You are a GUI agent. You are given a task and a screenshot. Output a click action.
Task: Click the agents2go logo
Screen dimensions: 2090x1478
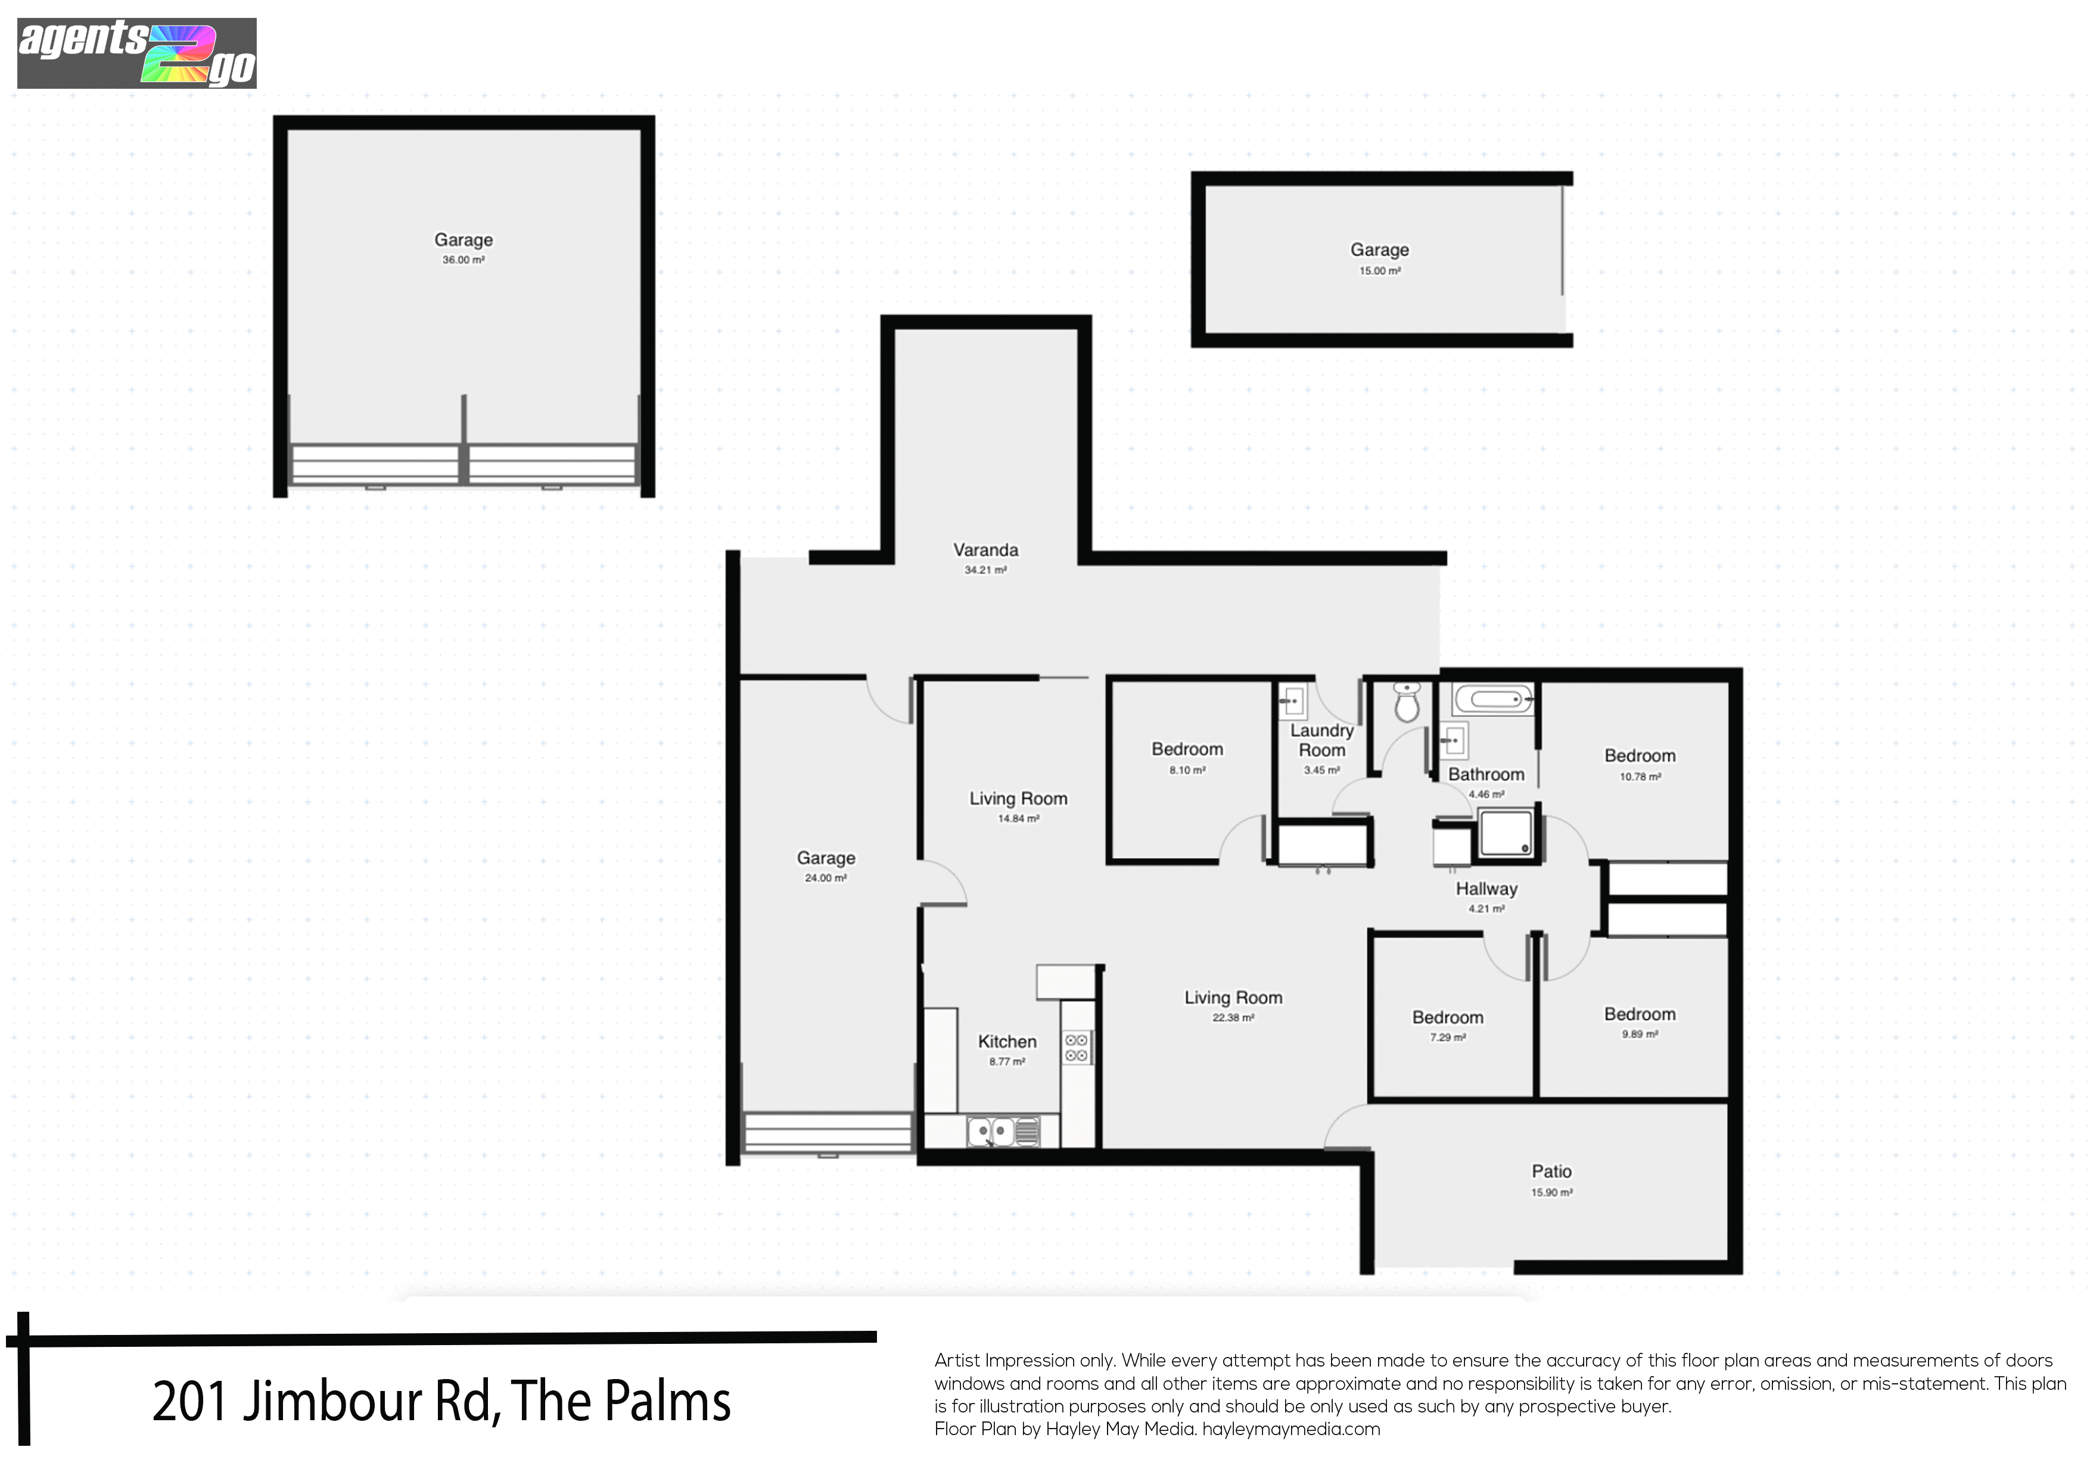click(136, 53)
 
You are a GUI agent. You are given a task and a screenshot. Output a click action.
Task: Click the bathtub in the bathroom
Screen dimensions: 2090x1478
click(1492, 700)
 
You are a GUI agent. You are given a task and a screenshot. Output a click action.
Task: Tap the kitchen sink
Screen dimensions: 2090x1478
click(1002, 1132)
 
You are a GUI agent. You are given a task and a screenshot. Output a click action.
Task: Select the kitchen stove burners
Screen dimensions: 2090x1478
click(1076, 1047)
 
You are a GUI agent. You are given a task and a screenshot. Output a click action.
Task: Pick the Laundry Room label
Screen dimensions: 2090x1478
click(1321, 740)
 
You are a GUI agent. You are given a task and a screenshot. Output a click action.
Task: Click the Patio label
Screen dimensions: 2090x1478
click(1551, 1171)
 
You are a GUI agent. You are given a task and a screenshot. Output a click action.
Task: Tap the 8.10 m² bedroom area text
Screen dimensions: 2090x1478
click(1187, 771)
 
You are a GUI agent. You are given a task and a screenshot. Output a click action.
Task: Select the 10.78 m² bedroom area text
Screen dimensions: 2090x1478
click(1640, 777)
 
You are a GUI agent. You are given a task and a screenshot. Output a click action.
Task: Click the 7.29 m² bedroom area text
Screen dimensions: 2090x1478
click(1447, 1037)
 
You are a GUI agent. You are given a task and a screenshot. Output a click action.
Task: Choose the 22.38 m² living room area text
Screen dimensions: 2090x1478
click(1233, 1017)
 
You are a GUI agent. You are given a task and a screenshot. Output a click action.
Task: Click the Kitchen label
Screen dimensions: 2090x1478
click(1007, 1042)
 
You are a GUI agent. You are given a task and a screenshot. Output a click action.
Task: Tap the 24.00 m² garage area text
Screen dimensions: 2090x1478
click(826, 878)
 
